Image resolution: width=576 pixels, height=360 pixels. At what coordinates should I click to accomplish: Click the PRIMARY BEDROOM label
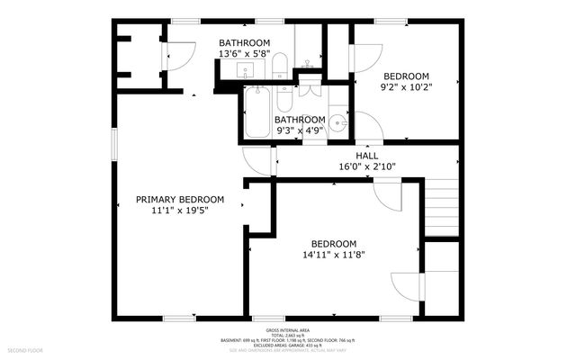click(180, 199)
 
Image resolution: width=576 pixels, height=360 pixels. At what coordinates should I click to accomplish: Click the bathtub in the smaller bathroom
click(257, 113)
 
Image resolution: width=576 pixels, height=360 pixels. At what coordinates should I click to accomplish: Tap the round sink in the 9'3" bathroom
click(337, 125)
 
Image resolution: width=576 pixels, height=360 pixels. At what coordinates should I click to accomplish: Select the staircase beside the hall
click(442, 206)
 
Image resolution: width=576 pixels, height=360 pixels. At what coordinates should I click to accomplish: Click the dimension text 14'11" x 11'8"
click(334, 255)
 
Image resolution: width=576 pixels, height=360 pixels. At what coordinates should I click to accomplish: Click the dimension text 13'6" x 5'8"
click(244, 54)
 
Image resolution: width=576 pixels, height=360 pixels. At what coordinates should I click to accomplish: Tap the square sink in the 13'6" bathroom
click(244, 70)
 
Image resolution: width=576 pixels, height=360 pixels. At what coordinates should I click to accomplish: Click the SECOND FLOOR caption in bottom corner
click(26, 348)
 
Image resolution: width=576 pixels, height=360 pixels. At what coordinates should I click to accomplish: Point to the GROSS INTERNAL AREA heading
click(287, 330)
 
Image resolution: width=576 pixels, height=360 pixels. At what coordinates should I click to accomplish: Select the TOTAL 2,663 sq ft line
click(287, 336)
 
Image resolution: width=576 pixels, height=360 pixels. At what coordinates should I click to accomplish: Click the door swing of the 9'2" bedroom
click(364, 58)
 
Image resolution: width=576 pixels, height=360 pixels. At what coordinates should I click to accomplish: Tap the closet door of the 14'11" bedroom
click(407, 286)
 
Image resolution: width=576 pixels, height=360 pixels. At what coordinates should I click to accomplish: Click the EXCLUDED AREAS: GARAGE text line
click(287, 346)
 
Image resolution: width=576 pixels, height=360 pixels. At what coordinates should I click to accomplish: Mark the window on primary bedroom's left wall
click(112, 145)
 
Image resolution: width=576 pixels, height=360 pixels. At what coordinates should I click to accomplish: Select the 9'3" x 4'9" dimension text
click(300, 130)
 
